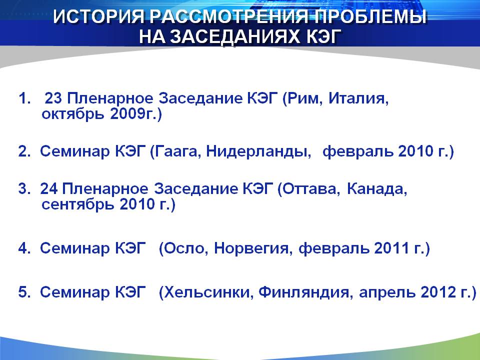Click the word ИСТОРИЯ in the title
98,16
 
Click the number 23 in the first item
53,98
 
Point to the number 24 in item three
48,188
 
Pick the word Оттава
309,188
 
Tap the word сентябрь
78,204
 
